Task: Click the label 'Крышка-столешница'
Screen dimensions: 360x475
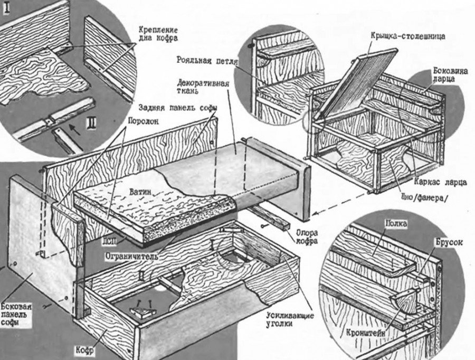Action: [x=408, y=37]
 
